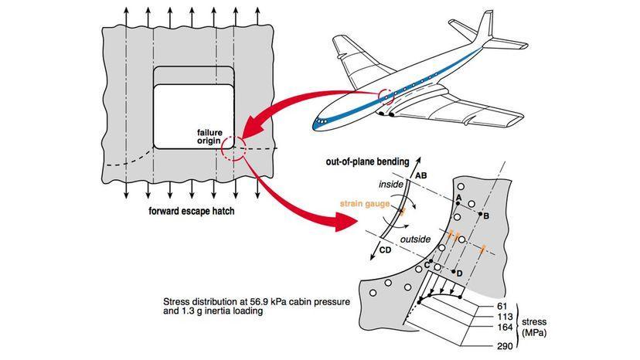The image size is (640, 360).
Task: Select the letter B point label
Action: [485, 217]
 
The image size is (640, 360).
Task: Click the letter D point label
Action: [459, 273]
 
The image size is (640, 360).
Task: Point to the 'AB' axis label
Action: [420, 175]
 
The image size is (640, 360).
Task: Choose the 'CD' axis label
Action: [385, 250]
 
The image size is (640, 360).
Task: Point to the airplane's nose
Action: [318, 122]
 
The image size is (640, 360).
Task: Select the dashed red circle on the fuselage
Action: [385, 97]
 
